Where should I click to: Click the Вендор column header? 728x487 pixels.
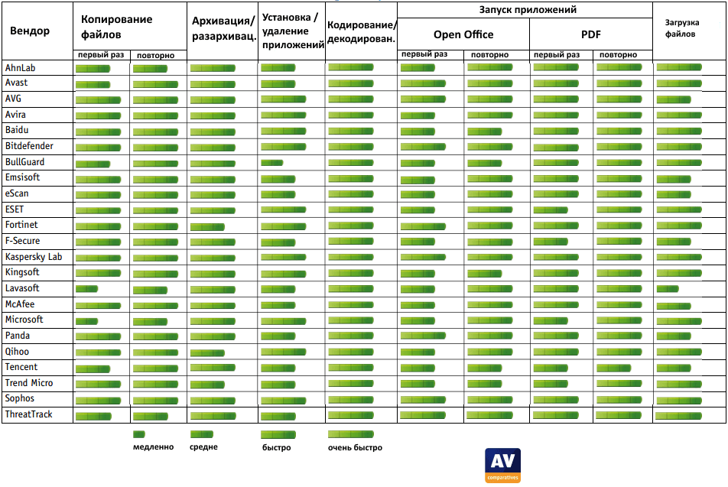pos(30,31)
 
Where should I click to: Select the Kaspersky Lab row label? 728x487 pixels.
pos(34,257)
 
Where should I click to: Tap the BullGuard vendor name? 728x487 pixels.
pos(24,162)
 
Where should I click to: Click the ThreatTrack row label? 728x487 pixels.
pos(29,414)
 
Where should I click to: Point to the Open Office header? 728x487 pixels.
pos(463,34)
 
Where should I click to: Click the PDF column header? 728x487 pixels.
pos(591,34)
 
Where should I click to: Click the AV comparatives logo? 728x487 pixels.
pos(502,465)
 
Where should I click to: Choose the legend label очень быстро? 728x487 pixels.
pos(355,448)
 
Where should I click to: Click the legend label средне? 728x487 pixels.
pos(203,447)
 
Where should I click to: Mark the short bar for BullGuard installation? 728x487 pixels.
pos(271,163)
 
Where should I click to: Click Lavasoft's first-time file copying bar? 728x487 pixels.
pos(86,289)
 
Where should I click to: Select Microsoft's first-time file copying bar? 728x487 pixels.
pos(86,320)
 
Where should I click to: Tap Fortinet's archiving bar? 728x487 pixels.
pos(207,226)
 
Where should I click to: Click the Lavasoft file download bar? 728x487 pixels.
pos(668,289)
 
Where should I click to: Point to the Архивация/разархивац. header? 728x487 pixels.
pos(223,29)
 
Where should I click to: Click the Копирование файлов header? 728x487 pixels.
pos(116,28)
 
